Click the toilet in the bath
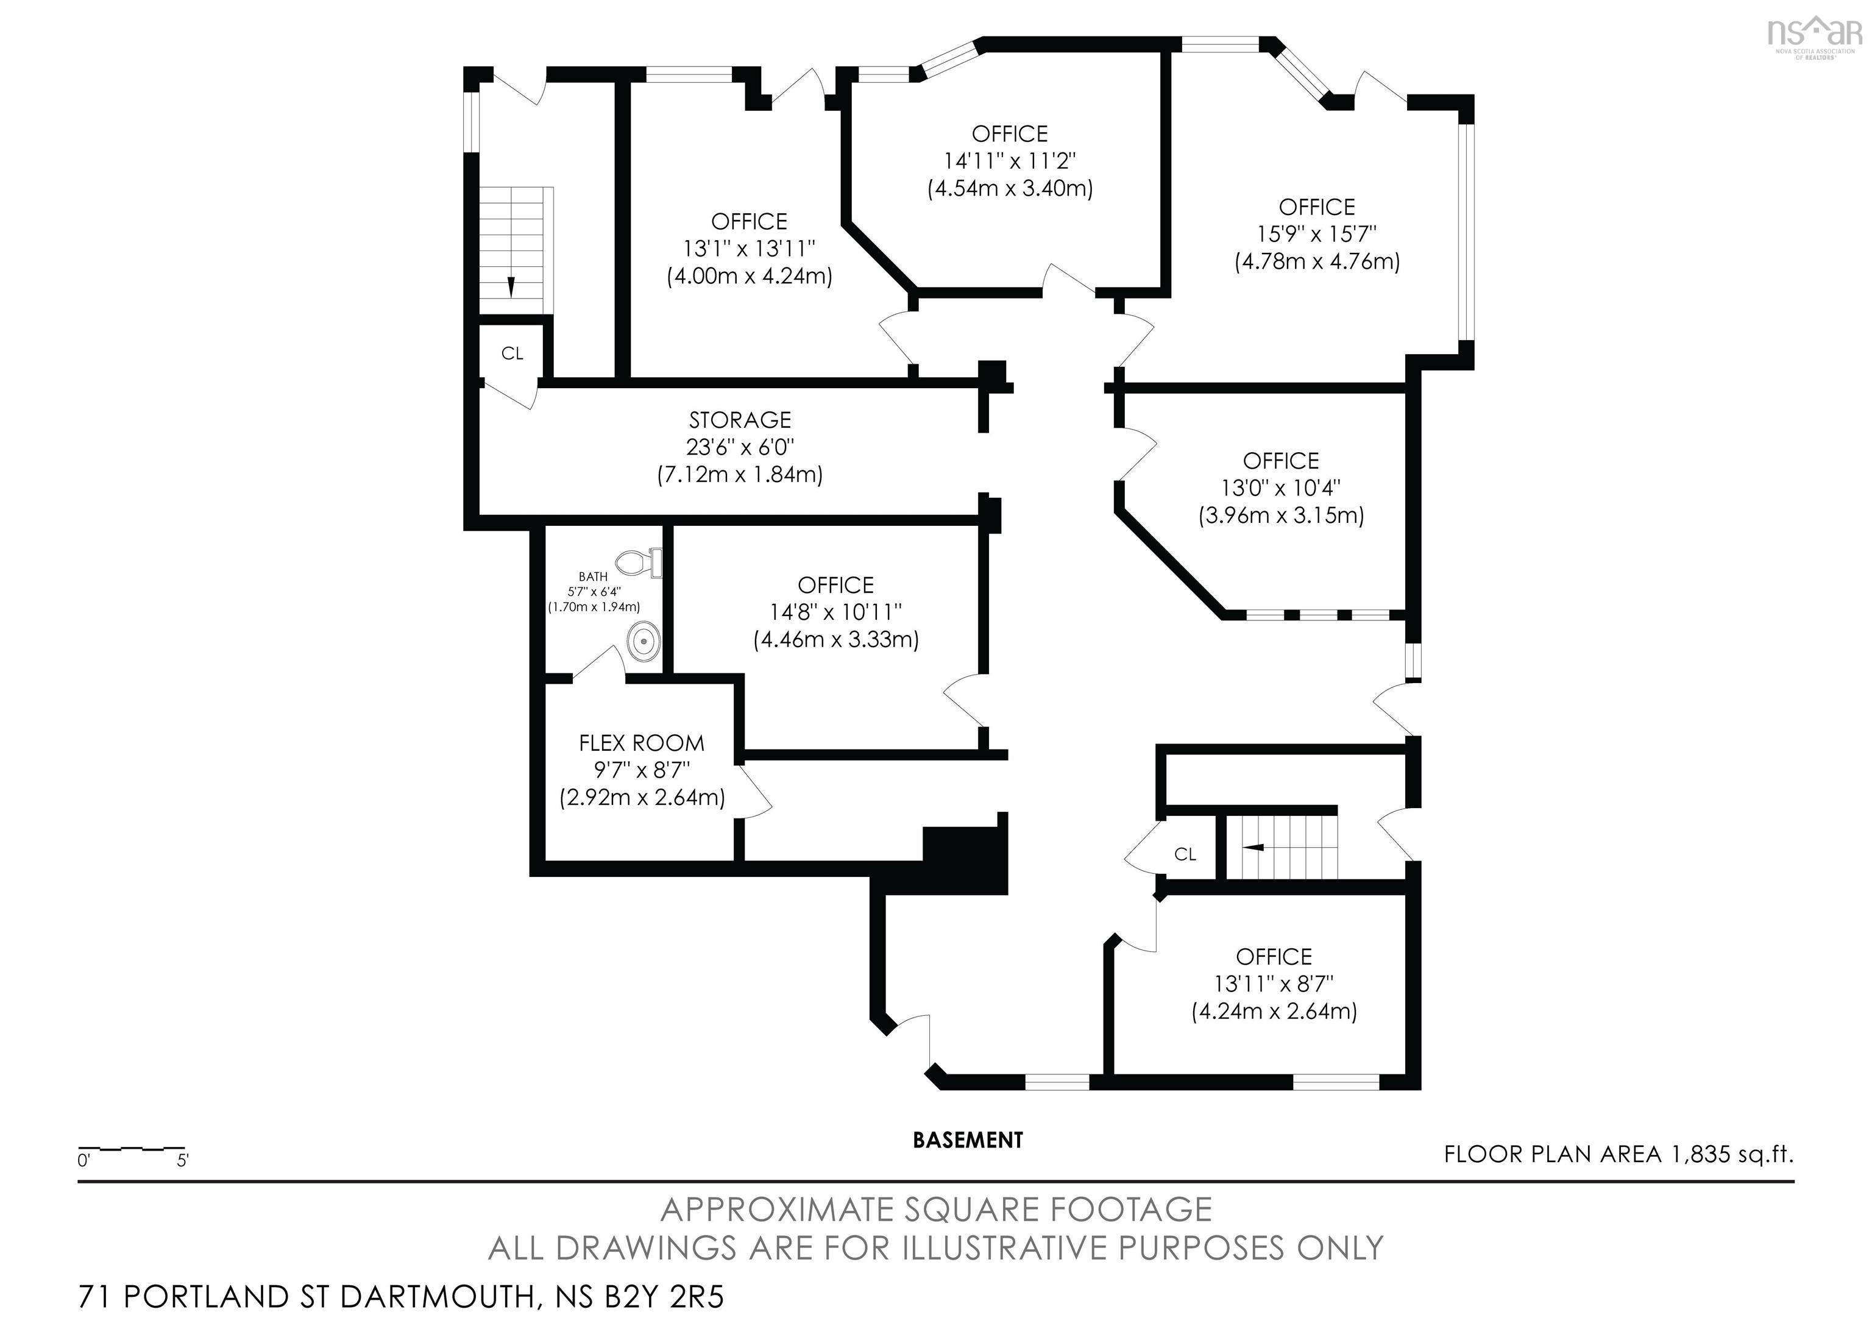[x=639, y=562]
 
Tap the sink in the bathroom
[x=644, y=640]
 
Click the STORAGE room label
[x=740, y=420]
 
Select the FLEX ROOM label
[x=642, y=743]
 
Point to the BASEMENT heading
[x=968, y=1140]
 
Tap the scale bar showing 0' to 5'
[x=132, y=1150]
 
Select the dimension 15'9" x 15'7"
[x=1317, y=234]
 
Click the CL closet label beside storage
[x=512, y=353]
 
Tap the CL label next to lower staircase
[x=1185, y=854]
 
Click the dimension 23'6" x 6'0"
[x=740, y=447]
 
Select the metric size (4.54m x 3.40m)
[x=1010, y=188]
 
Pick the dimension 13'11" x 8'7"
[x=1274, y=984]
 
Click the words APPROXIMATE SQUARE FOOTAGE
[x=936, y=1210]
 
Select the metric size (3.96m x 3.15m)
[x=1281, y=515]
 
